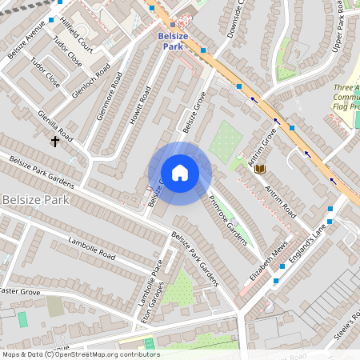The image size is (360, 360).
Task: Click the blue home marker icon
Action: click(x=180, y=173)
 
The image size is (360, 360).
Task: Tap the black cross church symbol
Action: click(x=55, y=142)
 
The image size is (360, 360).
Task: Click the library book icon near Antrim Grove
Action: click(x=259, y=169)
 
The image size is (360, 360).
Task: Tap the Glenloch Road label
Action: click(x=90, y=78)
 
